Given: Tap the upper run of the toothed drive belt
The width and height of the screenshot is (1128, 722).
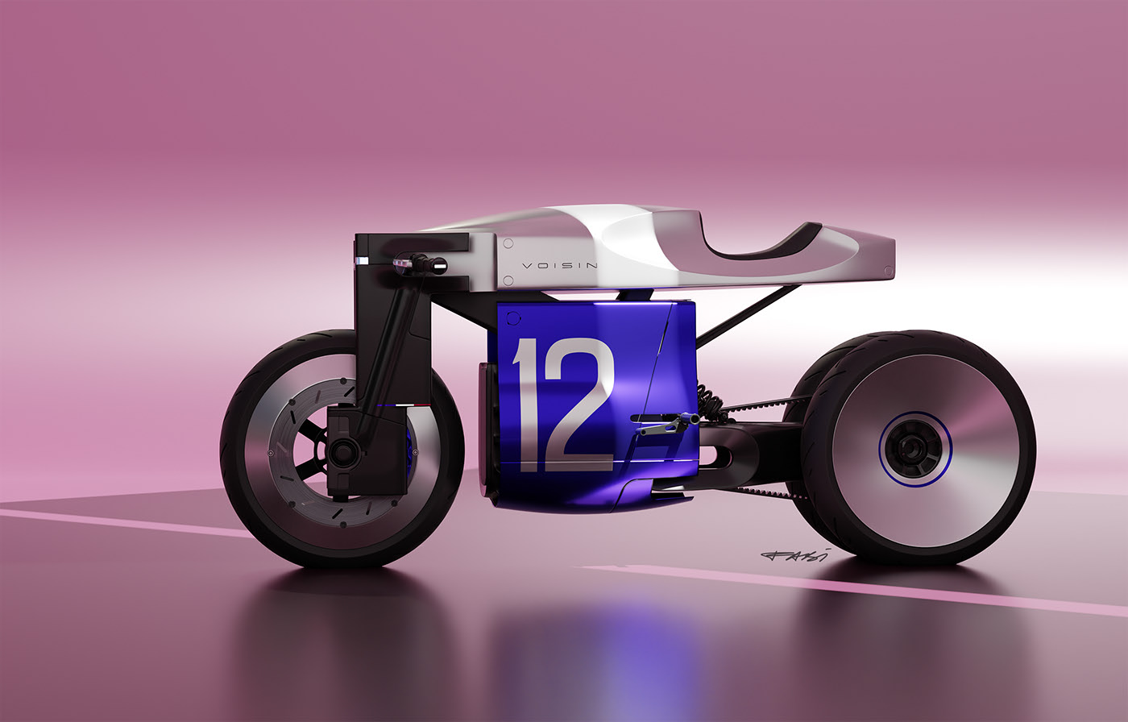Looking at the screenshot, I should click(x=765, y=404).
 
